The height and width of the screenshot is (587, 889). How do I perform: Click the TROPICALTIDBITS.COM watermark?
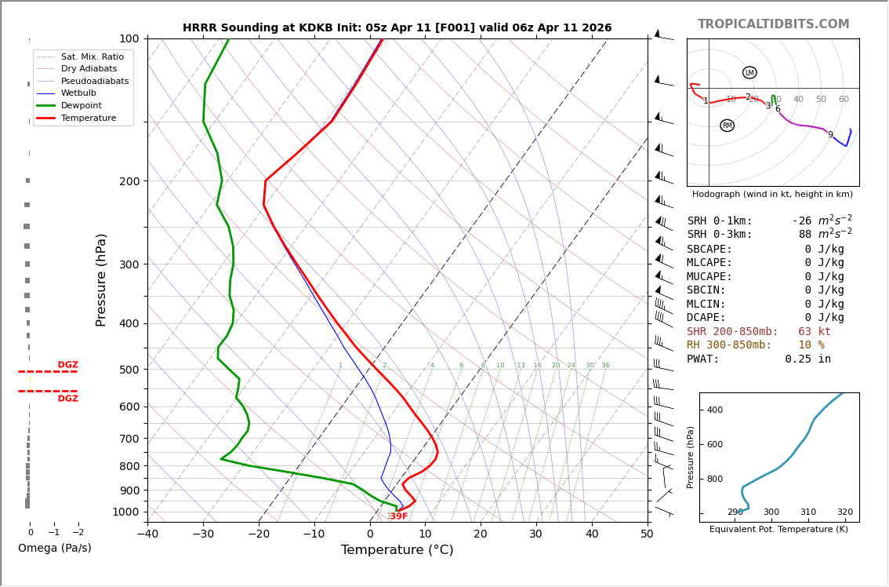[x=773, y=24]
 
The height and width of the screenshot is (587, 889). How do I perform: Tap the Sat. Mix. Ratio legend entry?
[x=92, y=57]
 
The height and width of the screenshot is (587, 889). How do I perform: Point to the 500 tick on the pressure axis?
[x=129, y=370]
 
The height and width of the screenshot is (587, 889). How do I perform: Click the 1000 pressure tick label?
[x=126, y=512]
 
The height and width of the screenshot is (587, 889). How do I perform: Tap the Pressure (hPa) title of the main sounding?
[x=101, y=279]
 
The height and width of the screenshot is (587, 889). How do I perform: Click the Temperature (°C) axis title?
[x=397, y=550]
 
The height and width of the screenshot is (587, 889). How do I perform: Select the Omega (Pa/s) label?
[x=54, y=549]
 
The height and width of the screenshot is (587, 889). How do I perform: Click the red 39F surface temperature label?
[x=398, y=516]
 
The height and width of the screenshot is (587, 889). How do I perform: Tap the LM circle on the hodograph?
[x=749, y=73]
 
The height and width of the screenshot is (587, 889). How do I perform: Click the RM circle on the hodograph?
[x=727, y=126]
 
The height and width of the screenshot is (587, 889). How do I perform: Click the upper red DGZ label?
[x=67, y=365]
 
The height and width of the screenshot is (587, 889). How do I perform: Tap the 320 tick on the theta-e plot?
[x=844, y=512]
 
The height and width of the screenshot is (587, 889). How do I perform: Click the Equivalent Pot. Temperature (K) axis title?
[x=778, y=530]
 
